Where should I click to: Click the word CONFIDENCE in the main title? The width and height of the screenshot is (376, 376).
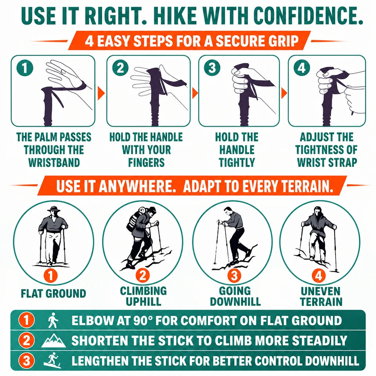[307, 15]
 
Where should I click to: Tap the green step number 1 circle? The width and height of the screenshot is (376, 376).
[25, 68]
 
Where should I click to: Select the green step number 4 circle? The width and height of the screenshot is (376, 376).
[302, 68]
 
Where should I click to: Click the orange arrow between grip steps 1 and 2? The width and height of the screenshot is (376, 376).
[101, 93]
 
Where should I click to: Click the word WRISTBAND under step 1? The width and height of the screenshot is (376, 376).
[54, 162]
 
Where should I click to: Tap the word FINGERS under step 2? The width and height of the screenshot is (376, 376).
[146, 162]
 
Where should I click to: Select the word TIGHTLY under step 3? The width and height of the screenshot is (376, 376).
[237, 162]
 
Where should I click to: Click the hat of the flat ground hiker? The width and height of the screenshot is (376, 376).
[54, 209]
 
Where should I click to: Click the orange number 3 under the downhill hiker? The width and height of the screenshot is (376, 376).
[234, 275]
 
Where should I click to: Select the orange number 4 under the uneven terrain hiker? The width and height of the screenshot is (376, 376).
[319, 275]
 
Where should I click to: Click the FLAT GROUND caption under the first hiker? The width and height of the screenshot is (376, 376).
[53, 293]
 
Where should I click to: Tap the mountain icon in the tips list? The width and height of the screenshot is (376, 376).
[54, 341]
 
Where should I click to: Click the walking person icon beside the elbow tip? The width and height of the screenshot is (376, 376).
[53, 320]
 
